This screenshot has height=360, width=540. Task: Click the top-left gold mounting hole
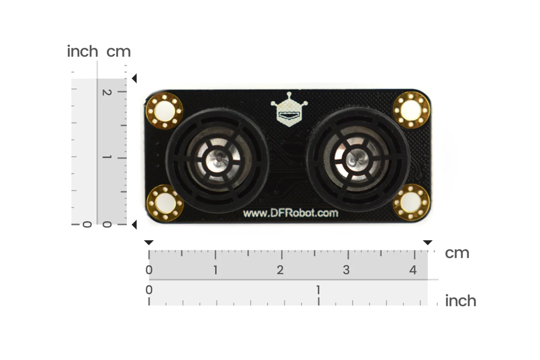pos(164,111)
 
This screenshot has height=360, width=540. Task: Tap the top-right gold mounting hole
pos(411,110)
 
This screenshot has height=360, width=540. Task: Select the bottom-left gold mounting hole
pos(165,203)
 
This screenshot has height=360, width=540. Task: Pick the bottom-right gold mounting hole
pos(411,202)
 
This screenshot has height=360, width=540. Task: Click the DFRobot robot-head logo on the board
pos(289,109)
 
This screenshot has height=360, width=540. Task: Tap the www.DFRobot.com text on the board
pos(290,213)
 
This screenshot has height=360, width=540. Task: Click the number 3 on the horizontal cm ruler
pos(346,270)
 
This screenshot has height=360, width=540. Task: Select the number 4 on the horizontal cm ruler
pos(413,270)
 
